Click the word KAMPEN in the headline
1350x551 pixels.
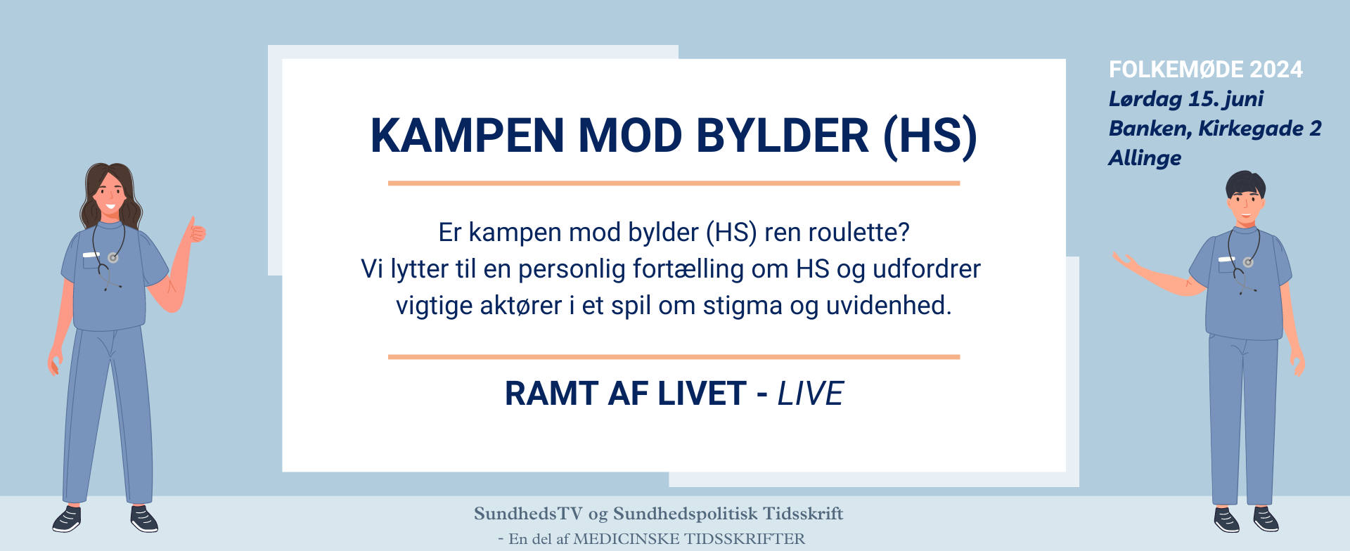[x=467, y=135]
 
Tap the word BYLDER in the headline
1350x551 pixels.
[x=783, y=135]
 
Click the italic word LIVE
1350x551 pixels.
[x=810, y=394]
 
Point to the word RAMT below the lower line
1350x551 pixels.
[x=551, y=394]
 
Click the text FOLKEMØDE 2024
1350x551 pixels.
[x=1206, y=70]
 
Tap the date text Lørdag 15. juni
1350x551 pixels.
[x=1186, y=99]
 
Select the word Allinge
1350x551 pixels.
[x=1145, y=158]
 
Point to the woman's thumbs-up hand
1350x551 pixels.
[x=195, y=230]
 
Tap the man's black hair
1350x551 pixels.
[x=1245, y=184]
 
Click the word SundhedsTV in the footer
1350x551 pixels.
[x=529, y=514]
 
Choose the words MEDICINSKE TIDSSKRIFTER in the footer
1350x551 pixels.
[x=689, y=539]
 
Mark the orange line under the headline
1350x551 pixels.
[x=674, y=183]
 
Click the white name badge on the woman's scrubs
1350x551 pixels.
[x=91, y=254]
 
